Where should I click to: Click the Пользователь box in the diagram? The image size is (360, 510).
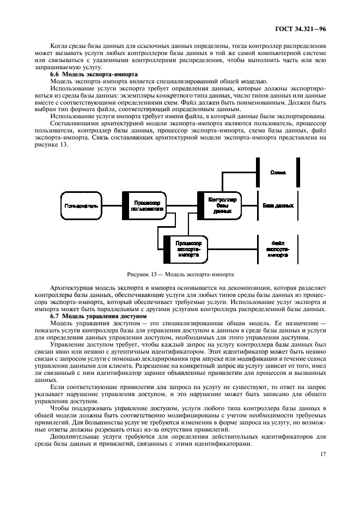pyautogui.click(x=81, y=205)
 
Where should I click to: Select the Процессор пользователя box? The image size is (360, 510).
pyautogui.click(x=143, y=205)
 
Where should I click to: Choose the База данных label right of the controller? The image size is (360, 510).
pyautogui.click(x=278, y=205)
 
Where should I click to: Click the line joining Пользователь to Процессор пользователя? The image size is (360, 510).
pyautogui.click(x=112, y=205)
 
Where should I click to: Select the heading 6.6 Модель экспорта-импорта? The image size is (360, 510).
pyautogui.click(x=93, y=74)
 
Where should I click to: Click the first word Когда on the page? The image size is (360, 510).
pyautogui.click(x=59, y=47)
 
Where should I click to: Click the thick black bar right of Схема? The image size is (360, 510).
pyautogui.click(x=298, y=172)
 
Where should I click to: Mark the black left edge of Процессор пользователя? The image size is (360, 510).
pyautogui.click(x=124, y=205)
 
